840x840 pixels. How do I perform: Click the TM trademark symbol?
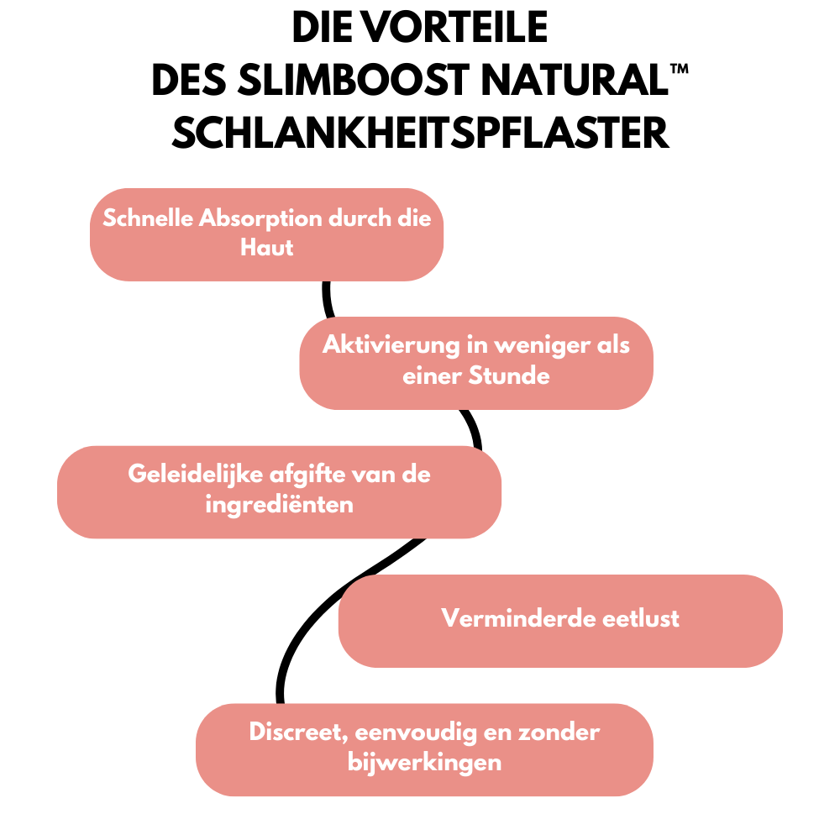pos(680,71)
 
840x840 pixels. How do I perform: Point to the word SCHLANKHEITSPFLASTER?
pos(420,133)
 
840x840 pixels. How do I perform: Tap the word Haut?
pos(266,249)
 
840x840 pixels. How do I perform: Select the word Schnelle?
pos(148,219)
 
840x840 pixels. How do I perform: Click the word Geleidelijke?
pos(197,474)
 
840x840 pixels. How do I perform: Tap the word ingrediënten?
pos(279,505)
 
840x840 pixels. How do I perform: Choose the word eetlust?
pos(641,619)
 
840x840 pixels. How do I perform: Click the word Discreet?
pos(297,732)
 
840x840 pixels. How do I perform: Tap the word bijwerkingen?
pos(424,762)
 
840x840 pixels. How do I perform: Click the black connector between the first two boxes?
pos(328,299)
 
